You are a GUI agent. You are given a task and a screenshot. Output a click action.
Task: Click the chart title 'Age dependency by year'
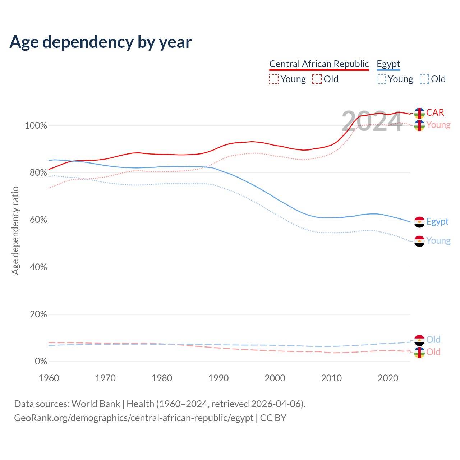click(101, 42)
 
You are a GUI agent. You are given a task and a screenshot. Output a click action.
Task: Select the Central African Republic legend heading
click(319, 64)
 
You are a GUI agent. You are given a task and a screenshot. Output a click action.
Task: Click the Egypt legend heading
click(388, 64)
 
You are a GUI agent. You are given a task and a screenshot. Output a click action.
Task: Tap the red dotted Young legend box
click(274, 79)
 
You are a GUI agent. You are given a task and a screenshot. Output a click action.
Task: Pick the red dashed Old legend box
click(317, 79)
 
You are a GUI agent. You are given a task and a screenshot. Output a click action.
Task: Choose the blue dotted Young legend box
click(381, 79)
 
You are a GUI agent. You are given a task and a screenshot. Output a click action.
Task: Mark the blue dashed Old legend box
click(424, 79)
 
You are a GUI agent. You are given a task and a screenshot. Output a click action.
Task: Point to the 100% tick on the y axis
click(36, 126)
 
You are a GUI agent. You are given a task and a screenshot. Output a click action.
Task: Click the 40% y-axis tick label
click(38, 267)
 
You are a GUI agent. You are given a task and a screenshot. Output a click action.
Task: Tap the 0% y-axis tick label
click(41, 362)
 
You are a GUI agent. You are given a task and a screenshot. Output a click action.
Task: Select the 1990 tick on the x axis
click(218, 378)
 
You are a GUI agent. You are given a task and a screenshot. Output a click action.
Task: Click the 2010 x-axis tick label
click(331, 378)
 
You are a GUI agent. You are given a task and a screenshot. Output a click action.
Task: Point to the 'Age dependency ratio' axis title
click(15, 230)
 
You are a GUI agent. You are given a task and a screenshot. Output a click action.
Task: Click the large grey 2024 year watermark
click(372, 121)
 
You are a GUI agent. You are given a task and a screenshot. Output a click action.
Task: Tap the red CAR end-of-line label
click(435, 112)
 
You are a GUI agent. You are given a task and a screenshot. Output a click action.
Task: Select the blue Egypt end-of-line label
click(437, 221)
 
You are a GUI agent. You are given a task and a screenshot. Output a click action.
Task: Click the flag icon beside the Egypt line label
click(419, 222)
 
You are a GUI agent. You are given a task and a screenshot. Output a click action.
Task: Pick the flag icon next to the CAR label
click(419, 113)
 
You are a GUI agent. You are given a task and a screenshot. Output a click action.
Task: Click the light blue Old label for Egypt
click(433, 340)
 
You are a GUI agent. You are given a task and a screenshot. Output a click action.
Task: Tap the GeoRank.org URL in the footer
click(134, 418)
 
